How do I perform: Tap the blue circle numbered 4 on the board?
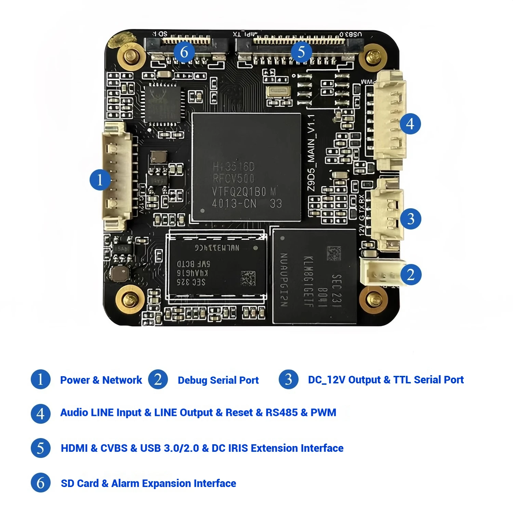(410, 124)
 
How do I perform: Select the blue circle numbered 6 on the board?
(184, 52)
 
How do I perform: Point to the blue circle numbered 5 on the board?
(301, 52)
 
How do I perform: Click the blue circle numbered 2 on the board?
(410, 275)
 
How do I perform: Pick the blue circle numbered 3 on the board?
(410, 219)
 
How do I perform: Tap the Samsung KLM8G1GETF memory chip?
(315, 277)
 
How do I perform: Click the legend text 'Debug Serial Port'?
(218, 380)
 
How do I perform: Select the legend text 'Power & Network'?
(101, 380)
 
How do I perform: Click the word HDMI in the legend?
(74, 448)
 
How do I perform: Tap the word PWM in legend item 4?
(323, 412)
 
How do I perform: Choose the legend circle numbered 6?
(41, 483)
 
